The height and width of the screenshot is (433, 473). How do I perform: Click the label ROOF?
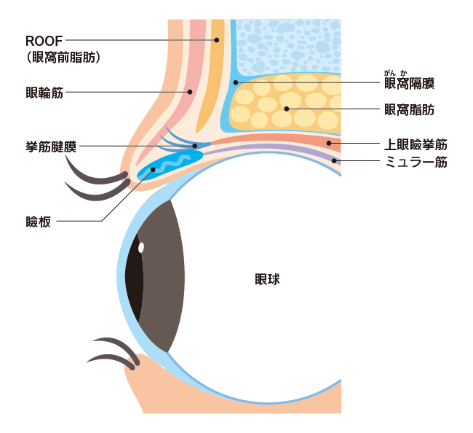44,40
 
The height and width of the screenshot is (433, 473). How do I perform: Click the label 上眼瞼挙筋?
416,144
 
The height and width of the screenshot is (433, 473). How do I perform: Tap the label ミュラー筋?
416,162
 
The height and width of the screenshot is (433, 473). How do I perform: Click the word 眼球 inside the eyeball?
268,279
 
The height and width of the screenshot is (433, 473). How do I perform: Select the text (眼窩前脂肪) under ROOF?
62,57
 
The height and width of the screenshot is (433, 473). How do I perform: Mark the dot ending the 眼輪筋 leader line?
190,92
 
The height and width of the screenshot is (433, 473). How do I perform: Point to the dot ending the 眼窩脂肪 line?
287,109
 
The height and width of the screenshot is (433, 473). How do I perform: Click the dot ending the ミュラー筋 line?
334,160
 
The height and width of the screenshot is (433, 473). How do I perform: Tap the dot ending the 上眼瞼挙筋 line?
329,144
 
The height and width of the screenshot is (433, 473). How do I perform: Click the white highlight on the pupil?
141,247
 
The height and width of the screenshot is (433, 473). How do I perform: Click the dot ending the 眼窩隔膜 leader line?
235,83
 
